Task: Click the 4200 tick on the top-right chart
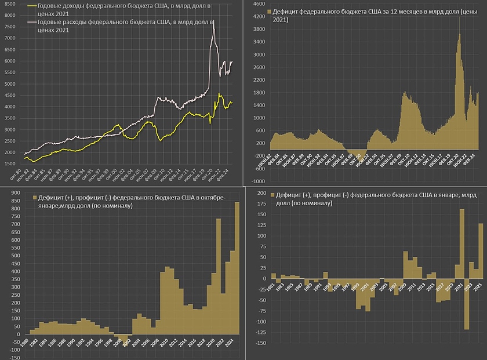click(259, 17)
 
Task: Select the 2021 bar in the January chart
click(462, 243)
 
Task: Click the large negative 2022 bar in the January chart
click(467, 304)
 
